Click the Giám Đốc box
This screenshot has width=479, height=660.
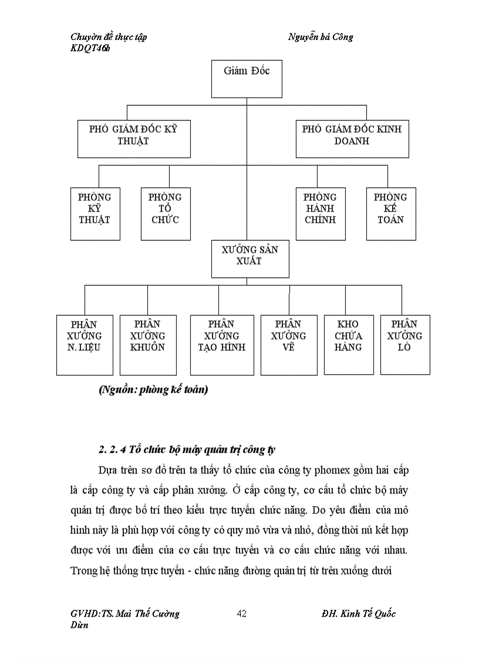[x=247, y=79]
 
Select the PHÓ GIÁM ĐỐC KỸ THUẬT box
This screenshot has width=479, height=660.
[x=134, y=139]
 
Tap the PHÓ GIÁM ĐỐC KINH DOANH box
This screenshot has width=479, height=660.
[x=352, y=139]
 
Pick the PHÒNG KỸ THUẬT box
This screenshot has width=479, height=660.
[x=94, y=214]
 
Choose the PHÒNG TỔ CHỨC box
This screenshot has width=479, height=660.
[x=166, y=214]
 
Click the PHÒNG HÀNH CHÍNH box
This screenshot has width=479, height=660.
[x=320, y=214]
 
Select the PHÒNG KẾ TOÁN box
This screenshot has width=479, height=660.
[x=391, y=214]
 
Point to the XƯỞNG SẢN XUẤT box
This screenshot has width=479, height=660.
[x=250, y=258]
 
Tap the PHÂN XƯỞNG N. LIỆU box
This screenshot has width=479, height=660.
[x=85, y=344]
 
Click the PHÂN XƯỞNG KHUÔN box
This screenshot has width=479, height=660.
[x=148, y=344]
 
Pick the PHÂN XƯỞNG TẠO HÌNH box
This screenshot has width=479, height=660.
[x=222, y=344]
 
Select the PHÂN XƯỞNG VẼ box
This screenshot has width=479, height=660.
[x=288, y=344]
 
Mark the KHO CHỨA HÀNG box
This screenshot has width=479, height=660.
[x=349, y=344]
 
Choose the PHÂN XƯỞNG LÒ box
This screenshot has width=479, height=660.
[x=405, y=344]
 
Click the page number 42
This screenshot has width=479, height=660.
[x=242, y=614]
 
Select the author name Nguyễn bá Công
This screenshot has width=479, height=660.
[x=321, y=37]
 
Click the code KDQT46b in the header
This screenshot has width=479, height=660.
[x=90, y=49]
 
